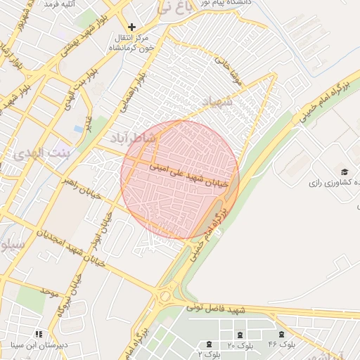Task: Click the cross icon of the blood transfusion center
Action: pos(131,27)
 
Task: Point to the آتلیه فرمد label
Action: pos(60,4)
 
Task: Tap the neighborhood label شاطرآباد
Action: pos(132,137)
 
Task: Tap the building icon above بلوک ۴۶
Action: pos(282,334)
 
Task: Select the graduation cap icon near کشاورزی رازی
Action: pos(345,172)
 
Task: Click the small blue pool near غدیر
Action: pos(78,129)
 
